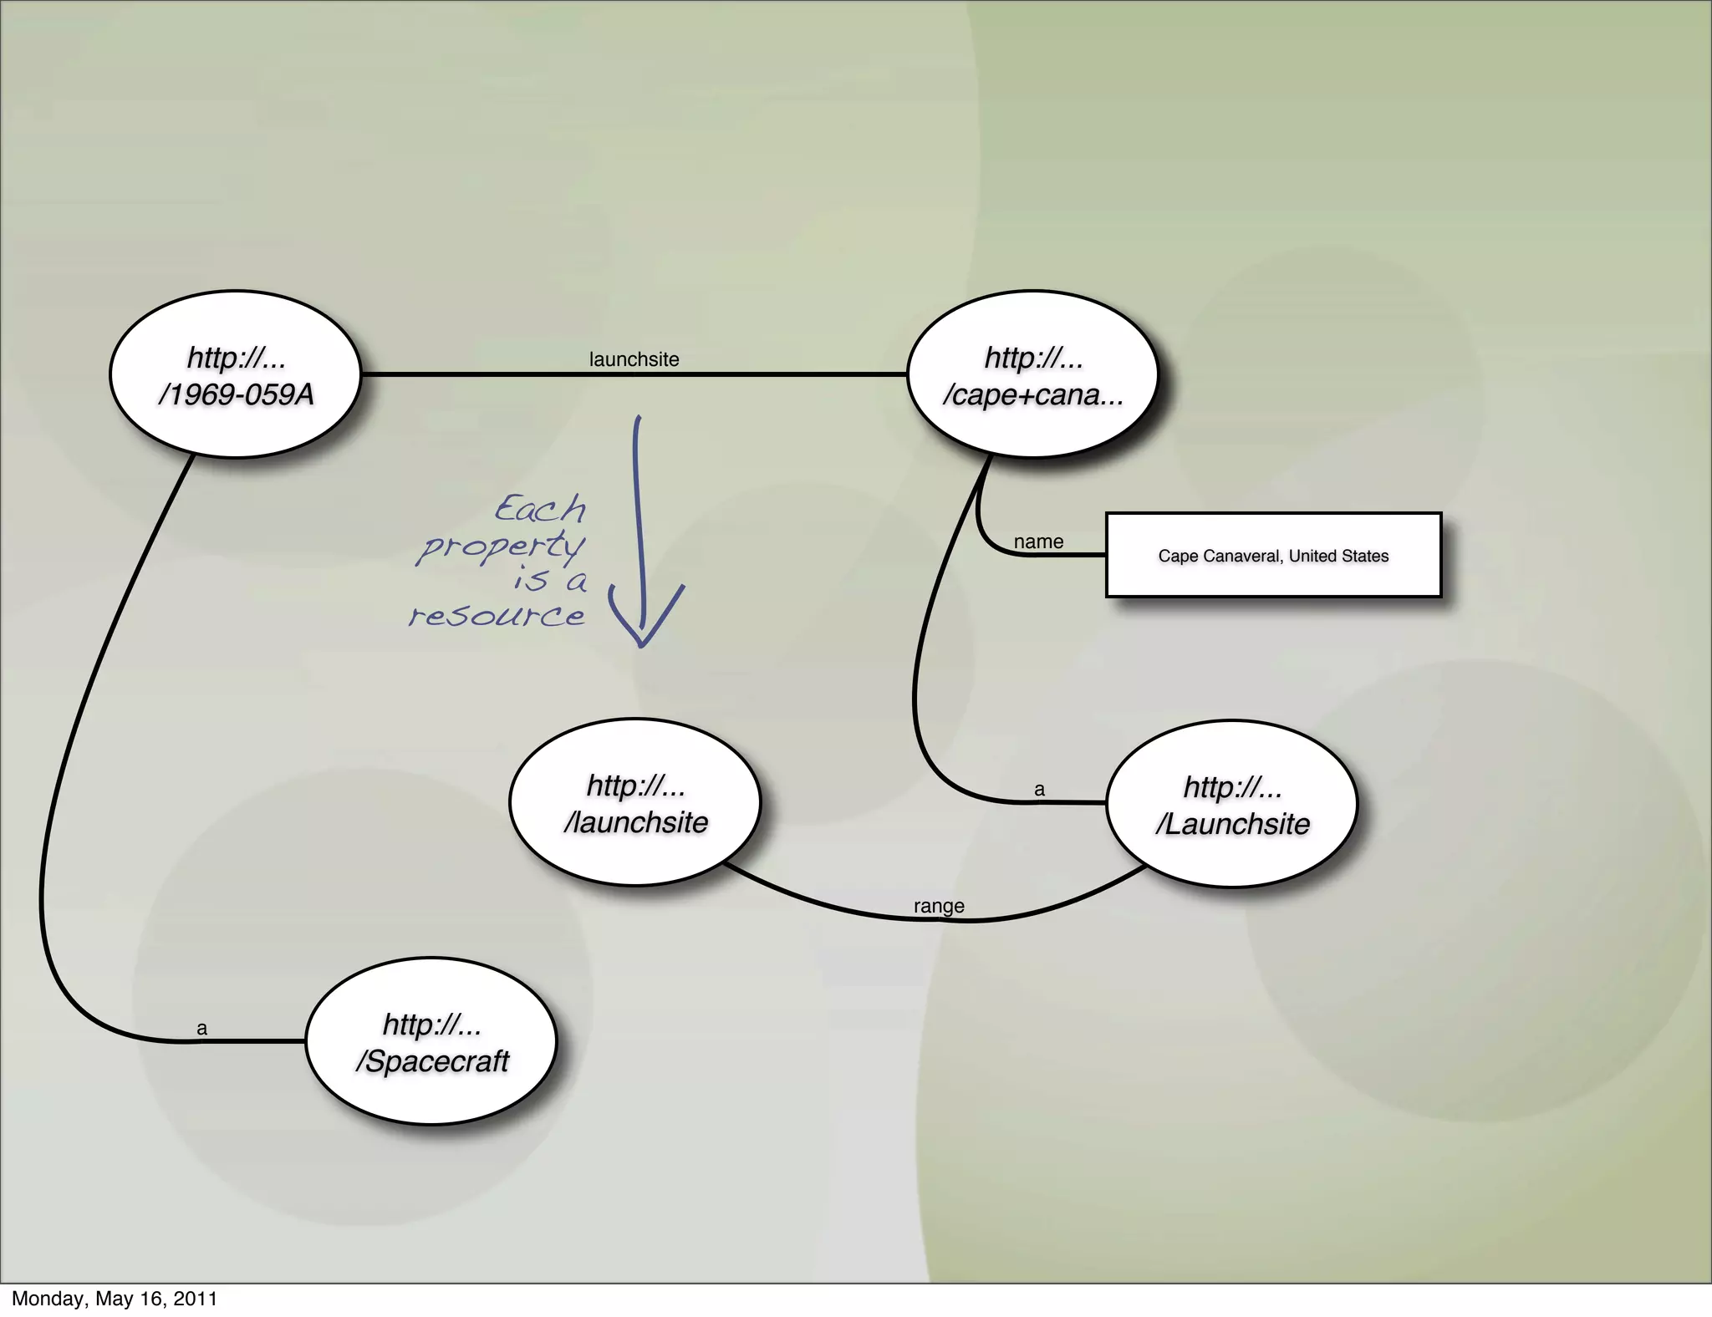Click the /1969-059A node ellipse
[x=235, y=374]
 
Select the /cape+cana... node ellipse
[x=1032, y=374]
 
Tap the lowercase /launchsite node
[x=635, y=802]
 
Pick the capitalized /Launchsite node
[x=1232, y=804]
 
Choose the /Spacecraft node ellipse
[x=431, y=1041]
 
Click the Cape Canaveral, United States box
[x=1273, y=555]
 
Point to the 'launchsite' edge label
[x=634, y=359]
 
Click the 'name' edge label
[x=1038, y=542]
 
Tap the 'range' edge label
[x=939, y=906]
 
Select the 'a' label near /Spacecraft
[x=201, y=1028]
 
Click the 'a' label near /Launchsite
[x=1039, y=789]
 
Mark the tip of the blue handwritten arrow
[x=642, y=645]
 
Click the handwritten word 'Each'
[x=540, y=508]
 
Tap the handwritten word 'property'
[x=502, y=547]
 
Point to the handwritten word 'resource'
[x=497, y=617]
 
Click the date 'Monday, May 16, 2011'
[x=115, y=1299]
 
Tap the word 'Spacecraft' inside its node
[x=437, y=1061]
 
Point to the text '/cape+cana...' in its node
[x=1032, y=394]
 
